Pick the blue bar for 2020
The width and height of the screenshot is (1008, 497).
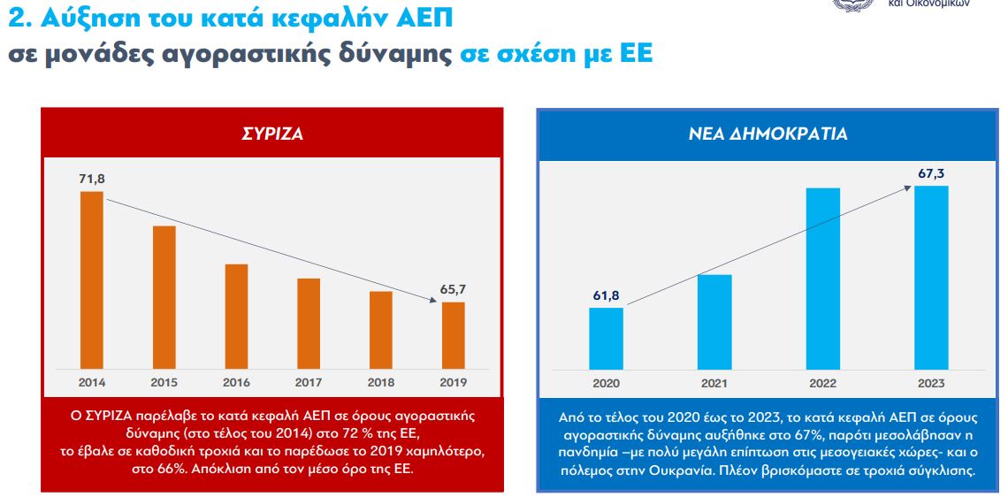[x=606, y=338]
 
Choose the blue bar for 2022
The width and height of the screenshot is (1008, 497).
[x=823, y=279]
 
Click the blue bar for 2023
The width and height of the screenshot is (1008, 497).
[x=931, y=277]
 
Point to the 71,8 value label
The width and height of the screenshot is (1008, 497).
[x=91, y=179]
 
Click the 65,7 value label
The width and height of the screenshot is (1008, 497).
[x=453, y=289]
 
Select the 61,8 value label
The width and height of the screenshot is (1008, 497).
[x=606, y=294]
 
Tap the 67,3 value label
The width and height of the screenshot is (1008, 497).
[x=931, y=173]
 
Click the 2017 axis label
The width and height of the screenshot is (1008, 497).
[x=309, y=382]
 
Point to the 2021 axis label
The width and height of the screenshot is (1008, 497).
[x=714, y=383]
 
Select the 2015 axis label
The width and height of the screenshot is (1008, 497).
[x=164, y=382]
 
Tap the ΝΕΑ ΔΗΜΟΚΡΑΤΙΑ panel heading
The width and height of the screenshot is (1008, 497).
[x=767, y=134]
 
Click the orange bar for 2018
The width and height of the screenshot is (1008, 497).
[x=381, y=329]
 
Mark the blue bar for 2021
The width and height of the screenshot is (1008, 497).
[x=714, y=321]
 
